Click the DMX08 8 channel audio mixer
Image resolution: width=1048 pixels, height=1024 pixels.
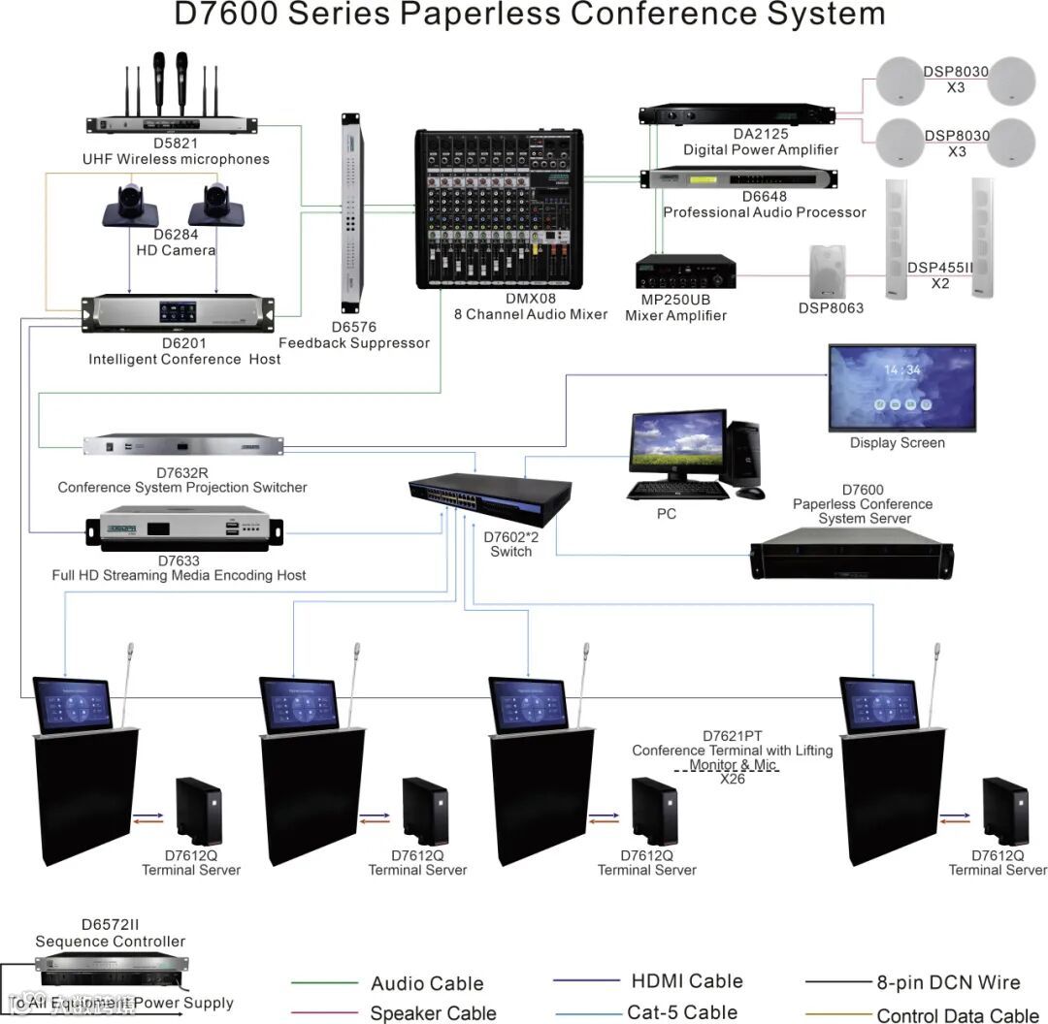[x=500, y=209]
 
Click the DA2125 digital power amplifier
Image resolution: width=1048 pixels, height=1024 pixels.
[x=738, y=115]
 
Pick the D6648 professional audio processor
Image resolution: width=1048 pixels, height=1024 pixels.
[x=738, y=179]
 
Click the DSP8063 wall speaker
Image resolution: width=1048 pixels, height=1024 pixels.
[x=828, y=272]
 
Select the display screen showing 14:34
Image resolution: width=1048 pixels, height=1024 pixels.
[x=901, y=386]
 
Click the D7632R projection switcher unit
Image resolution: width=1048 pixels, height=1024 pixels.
[x=183, y=446]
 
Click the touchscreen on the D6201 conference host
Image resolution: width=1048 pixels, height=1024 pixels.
[x=178, y=312]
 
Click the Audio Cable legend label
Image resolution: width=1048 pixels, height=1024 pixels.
[x=427, y=984]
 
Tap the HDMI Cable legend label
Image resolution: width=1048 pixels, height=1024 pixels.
[x=686, y=981]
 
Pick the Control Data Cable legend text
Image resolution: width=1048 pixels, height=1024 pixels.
[x=957, y=1015]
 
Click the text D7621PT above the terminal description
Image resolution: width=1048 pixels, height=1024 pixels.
[x=732, y=736]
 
